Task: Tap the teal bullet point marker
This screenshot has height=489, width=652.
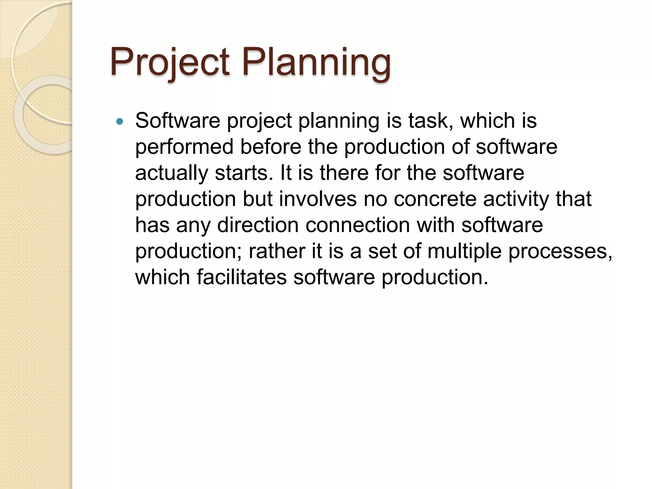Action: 120,121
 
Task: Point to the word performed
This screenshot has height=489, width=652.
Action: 184,147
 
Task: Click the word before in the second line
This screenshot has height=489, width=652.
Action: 271,147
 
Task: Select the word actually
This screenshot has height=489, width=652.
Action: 172,173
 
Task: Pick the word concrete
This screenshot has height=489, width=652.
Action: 435,199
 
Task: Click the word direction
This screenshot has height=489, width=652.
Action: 258,225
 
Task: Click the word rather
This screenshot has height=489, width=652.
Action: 277,251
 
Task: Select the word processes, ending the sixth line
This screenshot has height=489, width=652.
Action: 560,252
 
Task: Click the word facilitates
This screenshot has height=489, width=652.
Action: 242,277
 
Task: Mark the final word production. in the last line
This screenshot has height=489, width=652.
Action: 435,277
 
